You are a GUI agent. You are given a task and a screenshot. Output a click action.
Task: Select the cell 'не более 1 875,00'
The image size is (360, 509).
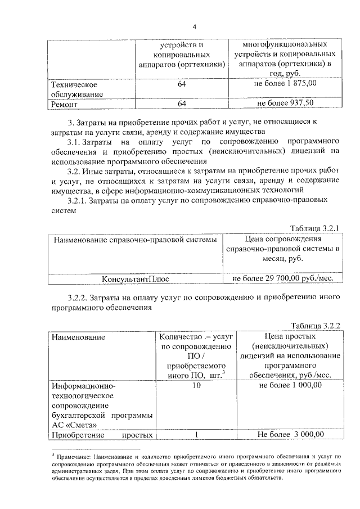(x=285, y=83)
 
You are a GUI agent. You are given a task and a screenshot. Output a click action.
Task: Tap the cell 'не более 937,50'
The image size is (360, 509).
(x=285, y=103)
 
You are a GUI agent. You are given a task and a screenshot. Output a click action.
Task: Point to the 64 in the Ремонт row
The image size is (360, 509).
(x=182, y=103)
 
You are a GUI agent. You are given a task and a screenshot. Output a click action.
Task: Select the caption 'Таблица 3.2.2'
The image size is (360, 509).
(x=315, y=326)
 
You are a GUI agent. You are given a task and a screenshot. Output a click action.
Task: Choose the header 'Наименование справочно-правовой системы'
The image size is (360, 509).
(x=135, y=240)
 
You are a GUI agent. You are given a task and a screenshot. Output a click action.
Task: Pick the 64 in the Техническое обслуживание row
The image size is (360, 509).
(x=182, y=83)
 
